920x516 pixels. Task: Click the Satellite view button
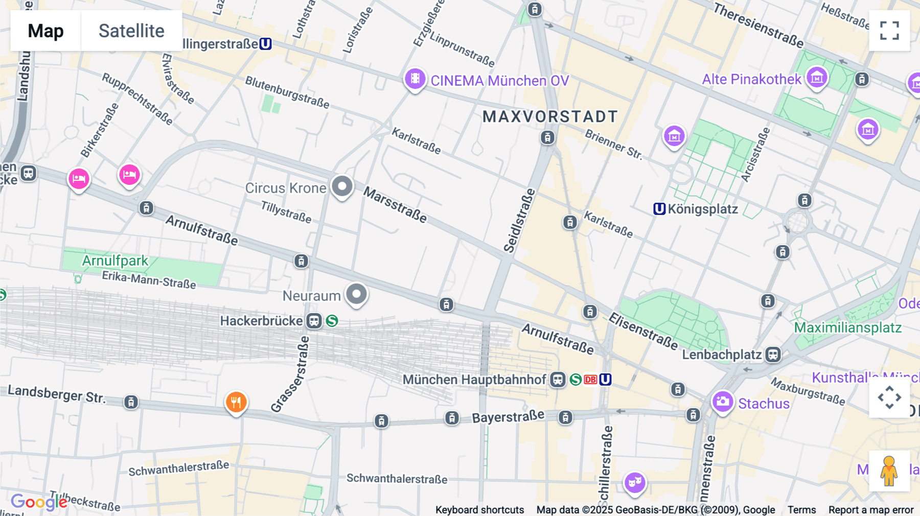(x=131, y=31)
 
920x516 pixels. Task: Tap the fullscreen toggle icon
(x=889, y=31)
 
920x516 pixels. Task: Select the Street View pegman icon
(x=889, y=471)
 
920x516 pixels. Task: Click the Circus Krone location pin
(x=342, y=186)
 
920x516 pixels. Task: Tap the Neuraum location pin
(x=356, y=294)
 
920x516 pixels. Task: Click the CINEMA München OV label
(x=499, y=81)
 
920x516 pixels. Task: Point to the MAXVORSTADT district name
(x=550, y=116)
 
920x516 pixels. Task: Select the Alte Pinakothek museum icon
(x=817, y=78)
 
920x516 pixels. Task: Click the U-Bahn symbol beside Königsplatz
(x=659, y=209)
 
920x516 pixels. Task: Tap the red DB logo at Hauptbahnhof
(x=590, y=380)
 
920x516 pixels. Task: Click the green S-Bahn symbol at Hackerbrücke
(x=332, y=321)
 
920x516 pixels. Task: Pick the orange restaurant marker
(x=236, y=403)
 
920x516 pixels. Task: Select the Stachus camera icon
(x=723, y=402)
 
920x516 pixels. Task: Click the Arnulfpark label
(x=115, y=261)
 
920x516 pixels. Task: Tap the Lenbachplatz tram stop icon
(x=773, y=354)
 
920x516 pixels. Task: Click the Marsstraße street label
(x=395, y=204)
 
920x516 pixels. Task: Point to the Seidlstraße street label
(x=519, y=221)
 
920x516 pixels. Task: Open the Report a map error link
(x=871, y=509)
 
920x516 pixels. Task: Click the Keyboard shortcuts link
(x=479, y=509)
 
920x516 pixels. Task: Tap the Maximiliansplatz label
(x=847, y=327)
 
